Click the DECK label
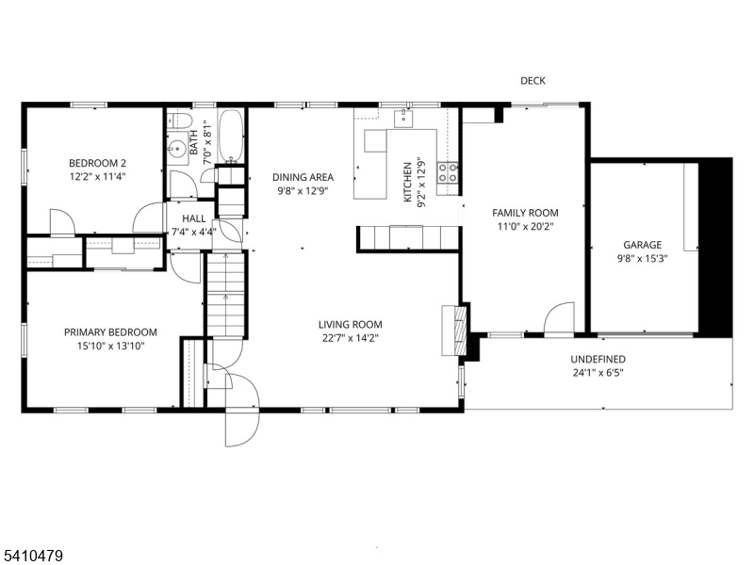click(533, 81)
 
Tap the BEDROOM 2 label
click(98, 163)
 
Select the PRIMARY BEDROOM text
click(110, 332)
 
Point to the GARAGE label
click(643, 245)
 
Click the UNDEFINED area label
click(598, 360)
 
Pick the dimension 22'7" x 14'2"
click(351, 338)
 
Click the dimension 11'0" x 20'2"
click(526, 226)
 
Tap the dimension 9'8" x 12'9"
click(303, 191)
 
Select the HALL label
click(194, 218)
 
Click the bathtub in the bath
click(231, 137)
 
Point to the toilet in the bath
click(180, 121)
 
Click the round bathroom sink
click(177, 148)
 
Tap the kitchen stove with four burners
click(447, 173)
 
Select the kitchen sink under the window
click(403, 118)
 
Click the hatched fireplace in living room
click(460, 331)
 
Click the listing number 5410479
click(32, 557)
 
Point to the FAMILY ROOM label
click(526, 213)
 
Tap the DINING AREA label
click(303, 177)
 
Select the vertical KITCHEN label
click(407, 182)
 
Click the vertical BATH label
click(194, 143)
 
